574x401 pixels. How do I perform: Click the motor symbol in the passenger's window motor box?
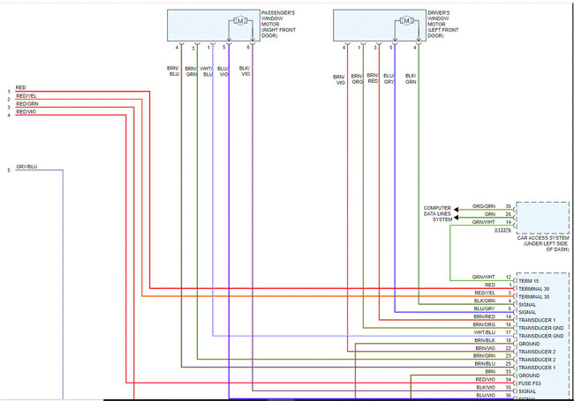(239, 19)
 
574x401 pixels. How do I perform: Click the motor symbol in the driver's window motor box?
(405, 19)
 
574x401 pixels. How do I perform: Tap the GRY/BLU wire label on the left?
(26, 167)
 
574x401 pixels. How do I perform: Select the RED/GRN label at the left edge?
(27, 104)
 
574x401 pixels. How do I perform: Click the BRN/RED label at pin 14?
(484, 316)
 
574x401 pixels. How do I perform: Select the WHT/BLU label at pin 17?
(484, 332)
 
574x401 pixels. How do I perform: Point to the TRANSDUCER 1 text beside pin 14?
(538, 319)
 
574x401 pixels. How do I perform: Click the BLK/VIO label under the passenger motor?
(245, 71)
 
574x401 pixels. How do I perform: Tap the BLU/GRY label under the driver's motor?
(389, 80)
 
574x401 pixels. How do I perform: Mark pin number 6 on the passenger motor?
(249, 47)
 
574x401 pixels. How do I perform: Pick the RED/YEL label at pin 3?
(484, 293)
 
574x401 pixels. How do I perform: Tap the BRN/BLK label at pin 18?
(484, 340)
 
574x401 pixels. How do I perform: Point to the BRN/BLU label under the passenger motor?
(173, 71)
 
